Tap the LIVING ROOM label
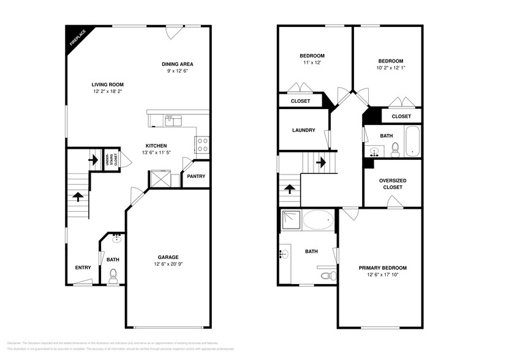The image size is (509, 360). tap(108, 84)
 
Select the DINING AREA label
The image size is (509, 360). tap(178, 64)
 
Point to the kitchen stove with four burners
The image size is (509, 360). tap(202, 144)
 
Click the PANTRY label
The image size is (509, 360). tap(196, 176)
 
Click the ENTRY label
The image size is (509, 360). tap(83, 268)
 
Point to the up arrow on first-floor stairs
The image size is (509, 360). tap(78, 197)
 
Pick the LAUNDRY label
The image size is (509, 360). tap(303, 130)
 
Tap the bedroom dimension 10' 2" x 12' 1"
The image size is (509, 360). tap(391, 67)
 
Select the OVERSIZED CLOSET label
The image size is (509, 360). tap(393, 184)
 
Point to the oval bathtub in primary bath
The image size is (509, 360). tap(319, 220)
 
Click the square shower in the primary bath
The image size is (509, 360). tap(292, 219)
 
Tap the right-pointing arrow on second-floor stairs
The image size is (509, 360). tap(320, 163)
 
